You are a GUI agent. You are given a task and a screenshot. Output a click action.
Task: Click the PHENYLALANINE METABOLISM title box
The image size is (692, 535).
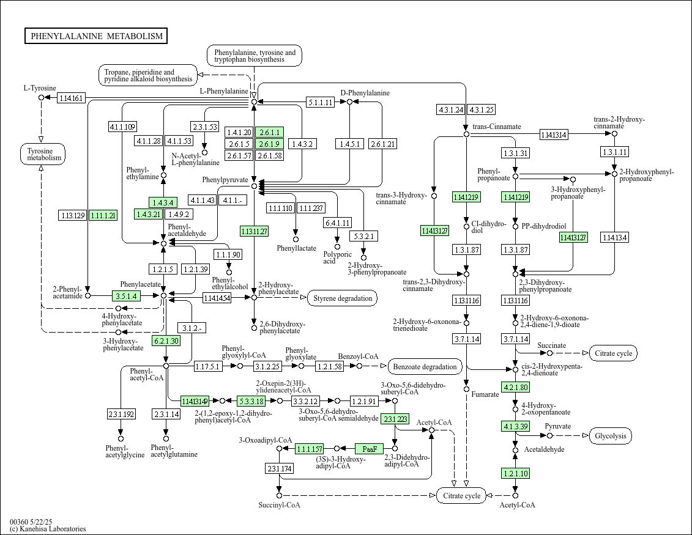[96, 36]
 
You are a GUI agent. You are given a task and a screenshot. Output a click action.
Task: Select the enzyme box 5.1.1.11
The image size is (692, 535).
[320, 102]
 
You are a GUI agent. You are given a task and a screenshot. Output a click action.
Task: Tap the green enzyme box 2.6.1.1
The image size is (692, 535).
[269, 133]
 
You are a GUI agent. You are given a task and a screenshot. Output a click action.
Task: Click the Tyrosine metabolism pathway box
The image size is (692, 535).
[42, 154]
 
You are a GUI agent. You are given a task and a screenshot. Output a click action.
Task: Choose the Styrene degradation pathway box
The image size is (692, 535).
[343, 298]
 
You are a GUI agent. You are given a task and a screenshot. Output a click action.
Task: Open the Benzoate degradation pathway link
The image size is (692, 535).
[425, 367]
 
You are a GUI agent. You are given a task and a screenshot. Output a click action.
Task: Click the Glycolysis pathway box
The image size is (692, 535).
[611, 436]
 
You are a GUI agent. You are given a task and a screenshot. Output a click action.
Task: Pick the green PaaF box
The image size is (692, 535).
[369, 449]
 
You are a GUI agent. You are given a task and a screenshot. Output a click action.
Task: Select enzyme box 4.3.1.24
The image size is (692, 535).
[450, 110]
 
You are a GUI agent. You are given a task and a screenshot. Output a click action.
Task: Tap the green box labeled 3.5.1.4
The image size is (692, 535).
[127, 296]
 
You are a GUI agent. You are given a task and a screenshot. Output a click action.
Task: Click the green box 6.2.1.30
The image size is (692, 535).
[166, 341]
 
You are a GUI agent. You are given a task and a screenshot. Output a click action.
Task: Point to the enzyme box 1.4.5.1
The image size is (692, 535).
[349, 144]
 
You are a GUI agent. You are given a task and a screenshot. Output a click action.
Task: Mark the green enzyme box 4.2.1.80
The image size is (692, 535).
[515, 388]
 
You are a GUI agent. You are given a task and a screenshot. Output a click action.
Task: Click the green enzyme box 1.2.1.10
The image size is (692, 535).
[515, 473]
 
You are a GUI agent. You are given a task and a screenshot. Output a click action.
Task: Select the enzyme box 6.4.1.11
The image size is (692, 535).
[337, 223]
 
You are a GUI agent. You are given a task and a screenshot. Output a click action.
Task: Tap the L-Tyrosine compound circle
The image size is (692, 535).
[42, 97]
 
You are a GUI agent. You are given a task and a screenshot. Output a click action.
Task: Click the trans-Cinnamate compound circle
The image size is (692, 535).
[466, 134]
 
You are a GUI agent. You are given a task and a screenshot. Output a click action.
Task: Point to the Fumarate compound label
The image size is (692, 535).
[485, 394]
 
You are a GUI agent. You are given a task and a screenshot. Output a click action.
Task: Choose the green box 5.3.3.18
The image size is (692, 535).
[251, 401]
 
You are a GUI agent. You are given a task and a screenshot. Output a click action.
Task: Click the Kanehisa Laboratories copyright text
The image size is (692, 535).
[48, 529]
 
